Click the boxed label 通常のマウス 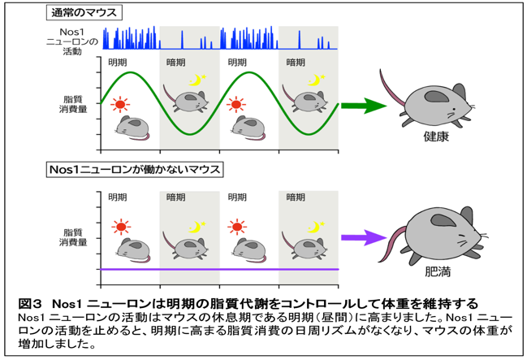tap(84, 13)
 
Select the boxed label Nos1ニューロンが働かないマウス tap(135, 169)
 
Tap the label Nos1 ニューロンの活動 tap(72, 41)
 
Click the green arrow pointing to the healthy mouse tap(364, 106)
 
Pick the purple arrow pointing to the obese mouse tap(364, 237)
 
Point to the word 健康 tap(436, 137)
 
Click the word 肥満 tap(438, 271)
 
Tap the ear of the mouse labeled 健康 tap(437, 97)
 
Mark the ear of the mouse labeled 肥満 tap(443, 221)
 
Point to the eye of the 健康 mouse tap(454, 110)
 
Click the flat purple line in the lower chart tap(219, 269)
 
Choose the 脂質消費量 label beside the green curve tap(73, 104)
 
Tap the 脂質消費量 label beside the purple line tap(73, 237)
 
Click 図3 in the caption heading tap(30, 304)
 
